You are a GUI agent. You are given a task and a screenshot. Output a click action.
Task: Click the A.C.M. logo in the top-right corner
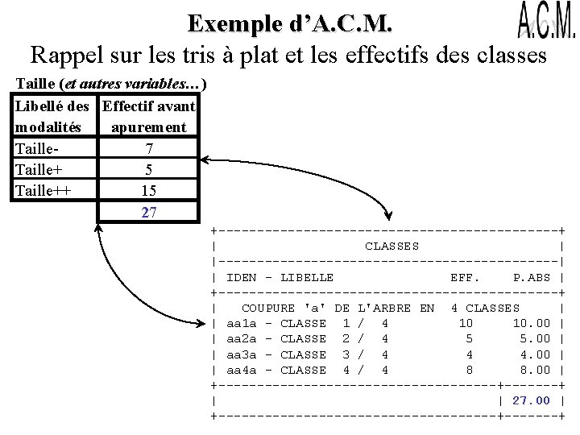click(x=545, y=22)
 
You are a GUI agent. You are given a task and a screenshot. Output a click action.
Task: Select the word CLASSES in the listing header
click(x=391, y=246)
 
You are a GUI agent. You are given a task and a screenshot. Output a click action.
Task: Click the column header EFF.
click(x=465, y=277)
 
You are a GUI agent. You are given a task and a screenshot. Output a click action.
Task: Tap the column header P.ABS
click(x=532, y=277)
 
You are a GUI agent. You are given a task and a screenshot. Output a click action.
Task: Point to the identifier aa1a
click(x=242, y=323)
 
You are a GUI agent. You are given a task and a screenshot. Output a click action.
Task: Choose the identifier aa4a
click(x=242, y=370)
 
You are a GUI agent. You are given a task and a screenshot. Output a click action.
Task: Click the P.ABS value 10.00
click(x=532, y=323)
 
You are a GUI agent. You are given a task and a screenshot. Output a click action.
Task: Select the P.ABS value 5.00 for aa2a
click(x=535, y=339)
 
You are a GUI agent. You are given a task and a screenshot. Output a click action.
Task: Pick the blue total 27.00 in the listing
click(x=532, y=400)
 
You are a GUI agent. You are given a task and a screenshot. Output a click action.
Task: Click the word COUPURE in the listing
click(x=269, y=308)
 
